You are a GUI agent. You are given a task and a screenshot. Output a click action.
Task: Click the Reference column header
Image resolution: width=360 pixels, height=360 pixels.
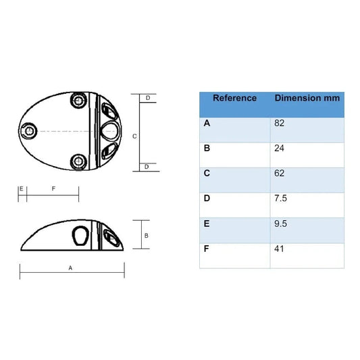click(x=234, y=98)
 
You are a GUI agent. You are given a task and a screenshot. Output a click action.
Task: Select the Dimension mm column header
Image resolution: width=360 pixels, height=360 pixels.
click(x=307, y=98)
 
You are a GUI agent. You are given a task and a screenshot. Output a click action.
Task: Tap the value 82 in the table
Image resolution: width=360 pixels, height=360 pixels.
click(x=279, y=123)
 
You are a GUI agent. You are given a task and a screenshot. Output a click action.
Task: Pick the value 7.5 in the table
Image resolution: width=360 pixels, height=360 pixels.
click(x=280, y=198)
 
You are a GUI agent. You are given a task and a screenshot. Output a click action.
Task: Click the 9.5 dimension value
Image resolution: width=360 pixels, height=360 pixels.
click(x=280, y=224)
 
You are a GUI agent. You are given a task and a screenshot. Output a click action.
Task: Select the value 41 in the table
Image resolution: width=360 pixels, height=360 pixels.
click(x=279, y=249)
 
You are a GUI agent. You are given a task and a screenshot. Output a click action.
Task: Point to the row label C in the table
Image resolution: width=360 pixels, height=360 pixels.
click(x=207, y=173)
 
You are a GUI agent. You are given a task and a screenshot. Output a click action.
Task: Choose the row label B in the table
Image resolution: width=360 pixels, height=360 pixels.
click(x=207, y=148)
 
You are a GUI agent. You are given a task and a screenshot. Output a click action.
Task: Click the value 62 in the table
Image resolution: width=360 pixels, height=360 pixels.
click(x=279, y=173)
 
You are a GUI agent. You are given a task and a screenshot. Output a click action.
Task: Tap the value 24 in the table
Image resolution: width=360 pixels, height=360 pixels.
click(x=279, y=148)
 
